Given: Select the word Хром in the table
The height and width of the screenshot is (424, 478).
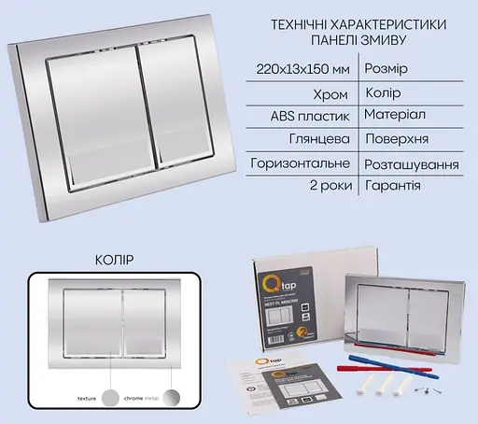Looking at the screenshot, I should [x=333, y=94].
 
